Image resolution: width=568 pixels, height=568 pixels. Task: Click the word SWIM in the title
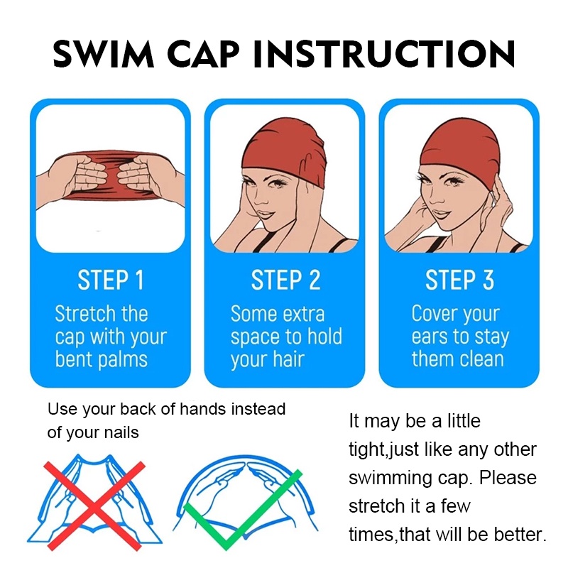point(104,54)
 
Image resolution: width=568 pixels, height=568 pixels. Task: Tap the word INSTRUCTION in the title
point(383,54)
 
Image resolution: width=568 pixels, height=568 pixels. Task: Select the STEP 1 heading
point(111,280)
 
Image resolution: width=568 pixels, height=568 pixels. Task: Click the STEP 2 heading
point(286,280)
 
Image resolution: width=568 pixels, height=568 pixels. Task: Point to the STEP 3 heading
point(459,280)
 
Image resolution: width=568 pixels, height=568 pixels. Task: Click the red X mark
point(95,506)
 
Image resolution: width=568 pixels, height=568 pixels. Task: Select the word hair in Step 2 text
point(288,359)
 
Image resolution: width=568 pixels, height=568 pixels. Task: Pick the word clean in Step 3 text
point(481,359)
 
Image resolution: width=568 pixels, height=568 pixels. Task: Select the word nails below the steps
point(121,432)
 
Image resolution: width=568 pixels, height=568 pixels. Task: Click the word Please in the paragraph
point(508,478)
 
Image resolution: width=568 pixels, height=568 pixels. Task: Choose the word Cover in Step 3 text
point(435,313)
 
